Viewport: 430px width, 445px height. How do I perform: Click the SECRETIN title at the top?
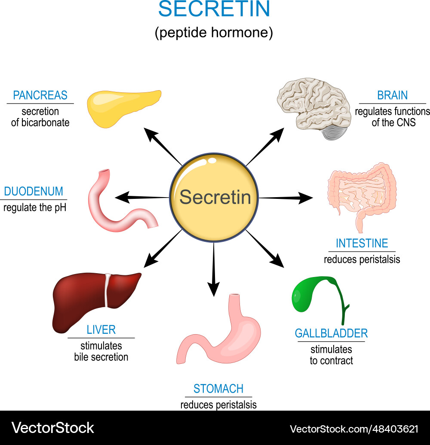click(x=214, y=9)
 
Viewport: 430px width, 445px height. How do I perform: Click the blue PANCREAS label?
click(x=40, y=95)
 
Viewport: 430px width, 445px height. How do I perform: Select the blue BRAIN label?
click(x=392, y=95)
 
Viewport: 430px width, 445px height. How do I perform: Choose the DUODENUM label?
click(x=34, y=191)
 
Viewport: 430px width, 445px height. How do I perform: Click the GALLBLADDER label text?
click(x=331, y=333)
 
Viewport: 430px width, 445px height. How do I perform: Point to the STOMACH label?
click(x=218, y=389)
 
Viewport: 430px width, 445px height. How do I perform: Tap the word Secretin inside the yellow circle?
click(x=215, y=197)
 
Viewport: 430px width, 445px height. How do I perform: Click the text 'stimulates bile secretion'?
click(x=101, y=351)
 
